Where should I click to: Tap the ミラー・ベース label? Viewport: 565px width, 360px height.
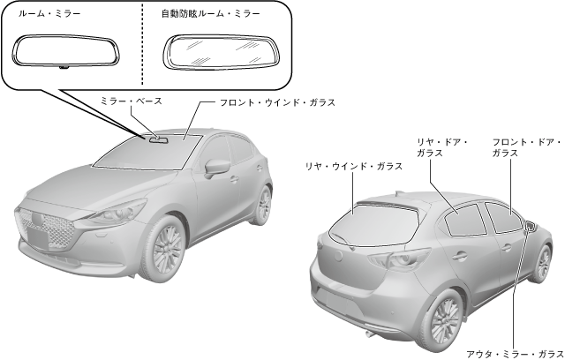(x=132, y=102)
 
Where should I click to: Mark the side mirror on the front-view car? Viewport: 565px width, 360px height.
(x=215, y=166)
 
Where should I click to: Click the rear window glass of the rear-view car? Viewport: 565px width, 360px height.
(x=373, y=219)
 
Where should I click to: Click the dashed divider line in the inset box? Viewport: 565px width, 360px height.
(x=141, y=44)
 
